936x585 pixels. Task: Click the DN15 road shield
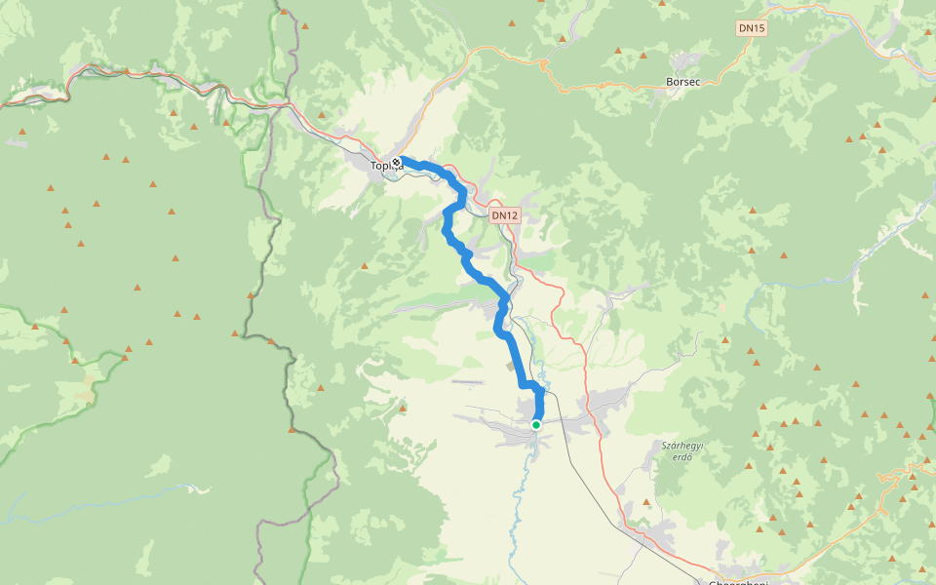tap(752, 28)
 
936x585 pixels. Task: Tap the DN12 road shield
tap(505, 214)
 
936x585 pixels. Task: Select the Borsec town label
tap(683, 82)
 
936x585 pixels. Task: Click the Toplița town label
tap(386, 166)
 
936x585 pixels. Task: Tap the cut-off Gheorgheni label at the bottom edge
tap(739, 582)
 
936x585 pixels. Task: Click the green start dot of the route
tap(536, 425)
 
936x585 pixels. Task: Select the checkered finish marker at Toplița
tap(396, 162)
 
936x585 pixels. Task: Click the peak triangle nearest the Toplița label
tap(364, 265)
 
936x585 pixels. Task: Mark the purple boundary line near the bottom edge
tap(261, 546)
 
